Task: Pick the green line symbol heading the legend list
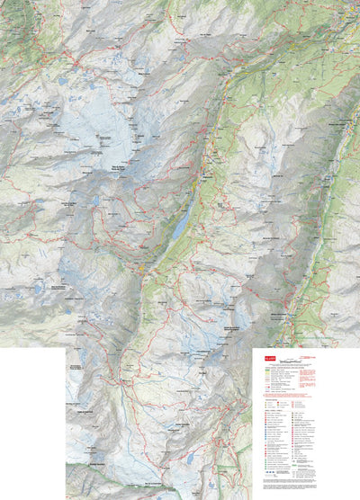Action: (x=265, y=371)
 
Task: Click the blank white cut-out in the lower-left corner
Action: (x=31, y=423)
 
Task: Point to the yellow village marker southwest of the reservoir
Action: (x=144, y=267)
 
